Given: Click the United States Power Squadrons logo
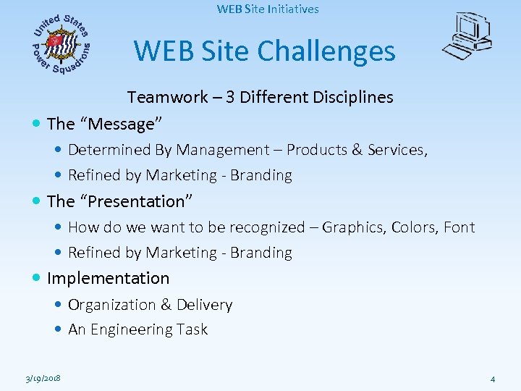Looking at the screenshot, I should (x=62, y=43).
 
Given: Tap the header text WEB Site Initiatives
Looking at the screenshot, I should (x=268, y=9).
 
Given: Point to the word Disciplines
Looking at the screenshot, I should (x=354, y=97).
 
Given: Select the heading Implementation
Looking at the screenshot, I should (x=109, y=278).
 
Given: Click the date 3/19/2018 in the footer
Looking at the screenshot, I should (x=42, y=378).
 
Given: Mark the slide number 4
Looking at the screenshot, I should (x=492, y=378).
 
